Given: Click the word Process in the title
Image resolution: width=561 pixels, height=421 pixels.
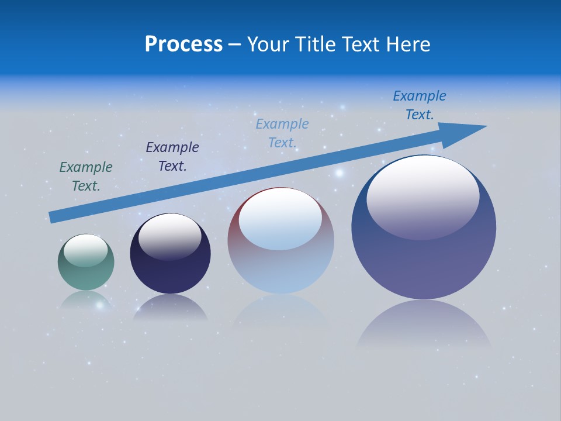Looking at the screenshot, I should point(183,44).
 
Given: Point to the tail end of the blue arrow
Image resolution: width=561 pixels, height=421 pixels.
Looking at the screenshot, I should point(53,218).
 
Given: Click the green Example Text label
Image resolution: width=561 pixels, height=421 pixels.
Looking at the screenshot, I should point(86,177).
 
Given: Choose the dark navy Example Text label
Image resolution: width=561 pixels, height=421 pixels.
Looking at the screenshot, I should point(172,157).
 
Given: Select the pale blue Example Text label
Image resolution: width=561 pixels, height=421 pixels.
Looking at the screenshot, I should point(282,133).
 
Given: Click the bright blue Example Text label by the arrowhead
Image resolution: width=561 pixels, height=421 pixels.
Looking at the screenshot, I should point(420,105).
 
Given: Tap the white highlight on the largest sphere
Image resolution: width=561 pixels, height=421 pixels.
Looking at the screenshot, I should point(423,196).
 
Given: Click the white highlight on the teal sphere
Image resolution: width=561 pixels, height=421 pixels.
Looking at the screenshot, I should point(86,250).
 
